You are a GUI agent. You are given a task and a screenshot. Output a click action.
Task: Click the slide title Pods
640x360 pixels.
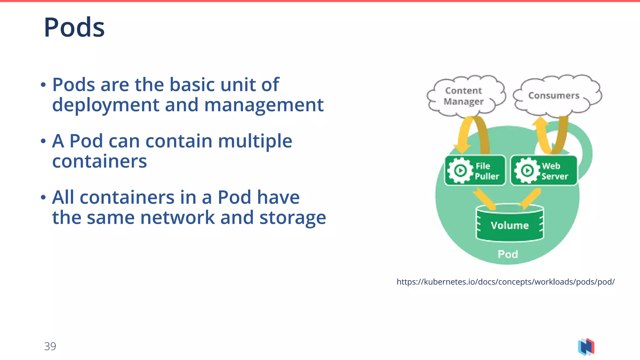(74, 27)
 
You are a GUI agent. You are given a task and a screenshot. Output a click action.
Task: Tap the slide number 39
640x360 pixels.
(50, 346)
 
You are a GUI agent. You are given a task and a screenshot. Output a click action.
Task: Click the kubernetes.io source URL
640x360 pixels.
(505, 282)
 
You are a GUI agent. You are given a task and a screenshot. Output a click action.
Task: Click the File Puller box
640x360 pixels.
(475, 171)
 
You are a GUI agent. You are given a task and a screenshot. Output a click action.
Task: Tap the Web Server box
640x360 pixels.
(544, 171)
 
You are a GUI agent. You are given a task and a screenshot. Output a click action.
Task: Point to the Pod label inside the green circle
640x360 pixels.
(508, 254)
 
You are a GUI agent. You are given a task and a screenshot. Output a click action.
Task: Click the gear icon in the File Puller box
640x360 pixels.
(460, 171)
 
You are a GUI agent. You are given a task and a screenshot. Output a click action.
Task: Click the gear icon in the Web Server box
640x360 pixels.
(527, 171)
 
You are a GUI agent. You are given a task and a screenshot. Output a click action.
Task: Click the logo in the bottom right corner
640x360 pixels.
(586, 347)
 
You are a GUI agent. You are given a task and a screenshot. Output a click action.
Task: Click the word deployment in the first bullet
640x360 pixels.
(106, 105)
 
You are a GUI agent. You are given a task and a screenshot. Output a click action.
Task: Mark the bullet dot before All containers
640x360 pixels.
(43, 197)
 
